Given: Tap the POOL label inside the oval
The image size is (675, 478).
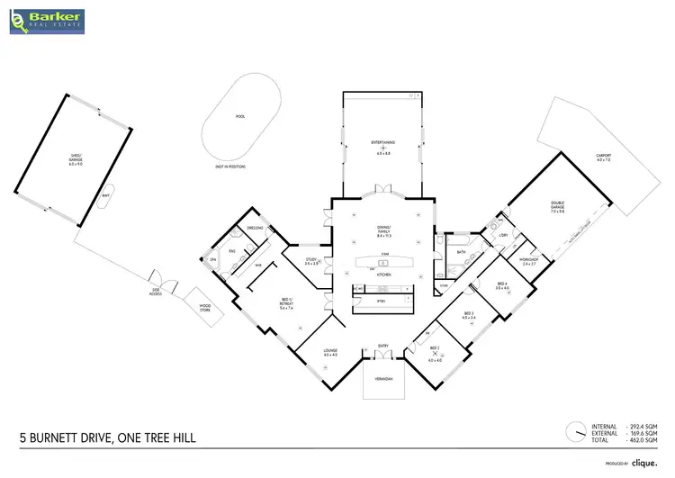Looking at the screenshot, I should point(239,116).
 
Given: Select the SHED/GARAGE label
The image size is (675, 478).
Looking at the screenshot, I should point(76,161).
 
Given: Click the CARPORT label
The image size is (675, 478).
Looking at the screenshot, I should point(603,155).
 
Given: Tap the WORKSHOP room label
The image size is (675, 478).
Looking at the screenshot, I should point(527,261).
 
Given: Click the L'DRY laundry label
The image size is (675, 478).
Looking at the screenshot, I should point(503,236).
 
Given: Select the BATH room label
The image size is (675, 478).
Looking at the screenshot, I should point(461,252).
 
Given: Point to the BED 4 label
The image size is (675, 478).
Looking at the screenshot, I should point(501,285).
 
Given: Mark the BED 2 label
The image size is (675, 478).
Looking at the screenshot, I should point(434,347).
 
